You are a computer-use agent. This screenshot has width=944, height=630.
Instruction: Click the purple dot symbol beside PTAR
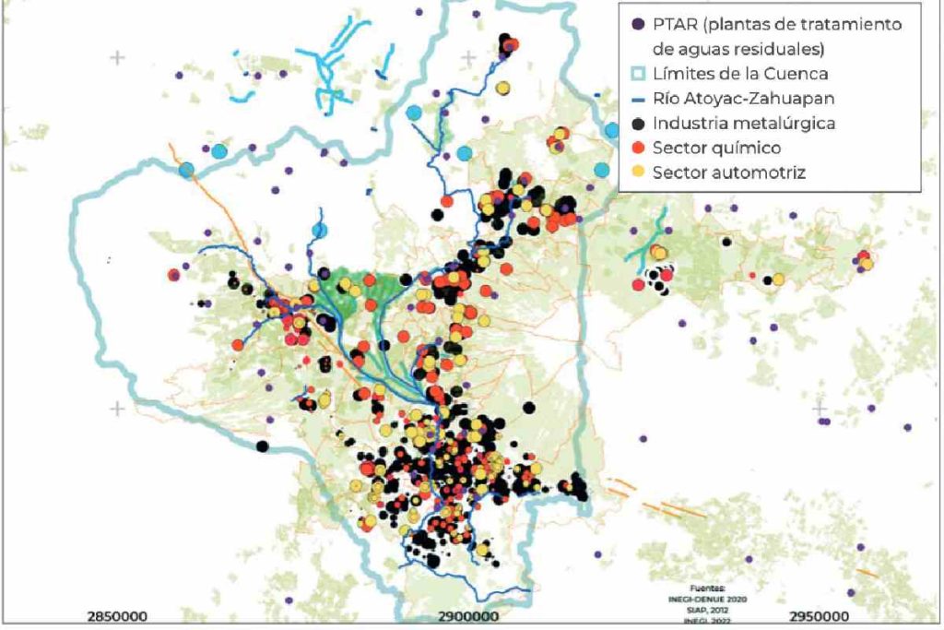pos(636,24)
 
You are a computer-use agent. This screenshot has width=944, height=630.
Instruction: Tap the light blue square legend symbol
pos(636,74)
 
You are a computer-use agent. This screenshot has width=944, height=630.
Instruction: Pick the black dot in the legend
pos(636,123)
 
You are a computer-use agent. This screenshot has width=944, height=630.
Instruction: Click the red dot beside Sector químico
pos(636,148)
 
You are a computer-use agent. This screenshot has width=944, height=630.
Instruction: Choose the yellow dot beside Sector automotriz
pos(636,172)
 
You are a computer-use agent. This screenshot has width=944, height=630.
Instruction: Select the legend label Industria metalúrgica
pos(752,123)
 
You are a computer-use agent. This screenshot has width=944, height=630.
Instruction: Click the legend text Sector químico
pos(716,148)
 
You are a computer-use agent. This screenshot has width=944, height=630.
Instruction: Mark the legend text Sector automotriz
pos(729,172)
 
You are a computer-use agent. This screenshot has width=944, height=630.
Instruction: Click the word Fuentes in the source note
pos(709,588)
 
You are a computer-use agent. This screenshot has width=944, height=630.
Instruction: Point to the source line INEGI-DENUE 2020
pos(709,600)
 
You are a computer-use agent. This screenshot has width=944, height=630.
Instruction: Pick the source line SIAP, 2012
pos(709,611)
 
